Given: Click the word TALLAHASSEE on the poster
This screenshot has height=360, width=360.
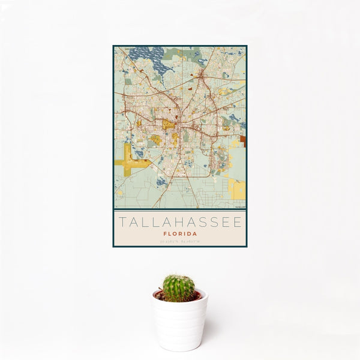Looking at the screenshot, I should (x=179, y=222).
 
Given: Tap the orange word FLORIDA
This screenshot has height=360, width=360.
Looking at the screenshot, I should (x=179, y=233).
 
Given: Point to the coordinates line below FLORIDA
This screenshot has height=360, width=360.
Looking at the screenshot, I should (x=179, y=241).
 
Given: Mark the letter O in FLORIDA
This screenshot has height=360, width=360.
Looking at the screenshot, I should (x=175, y=233).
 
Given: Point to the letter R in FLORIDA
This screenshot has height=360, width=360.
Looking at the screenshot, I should (x=180, y=233).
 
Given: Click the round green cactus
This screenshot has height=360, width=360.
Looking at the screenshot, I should (x=179, y=288).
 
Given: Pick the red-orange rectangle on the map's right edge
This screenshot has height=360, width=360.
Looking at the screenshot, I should (x=243, y=140).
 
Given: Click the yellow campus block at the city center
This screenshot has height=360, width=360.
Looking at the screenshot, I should (x=169, y=124).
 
